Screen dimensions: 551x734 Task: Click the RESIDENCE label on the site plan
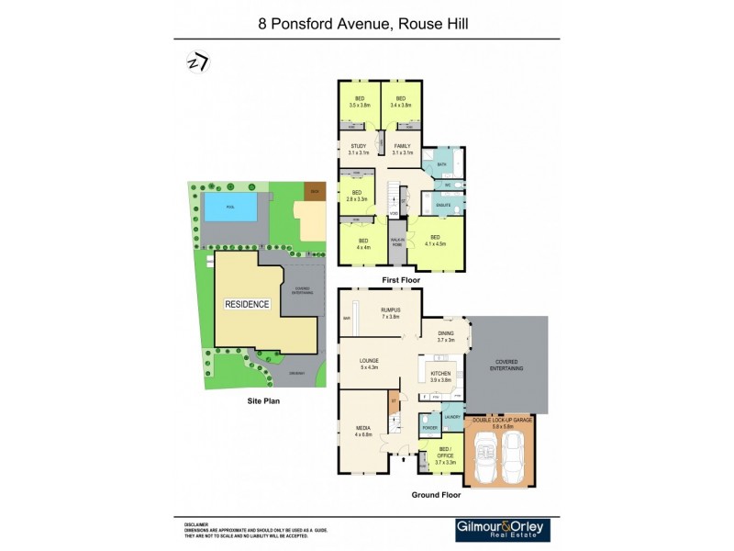pyautogui.click(x=248, y=304)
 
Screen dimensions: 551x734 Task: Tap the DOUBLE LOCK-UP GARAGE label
pyautogui.click(x=500, y=421)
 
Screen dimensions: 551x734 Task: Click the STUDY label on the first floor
pyautogui.click(x=352, y=148)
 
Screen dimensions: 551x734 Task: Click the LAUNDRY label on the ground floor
pyautogui.click(x=451, y=417)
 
